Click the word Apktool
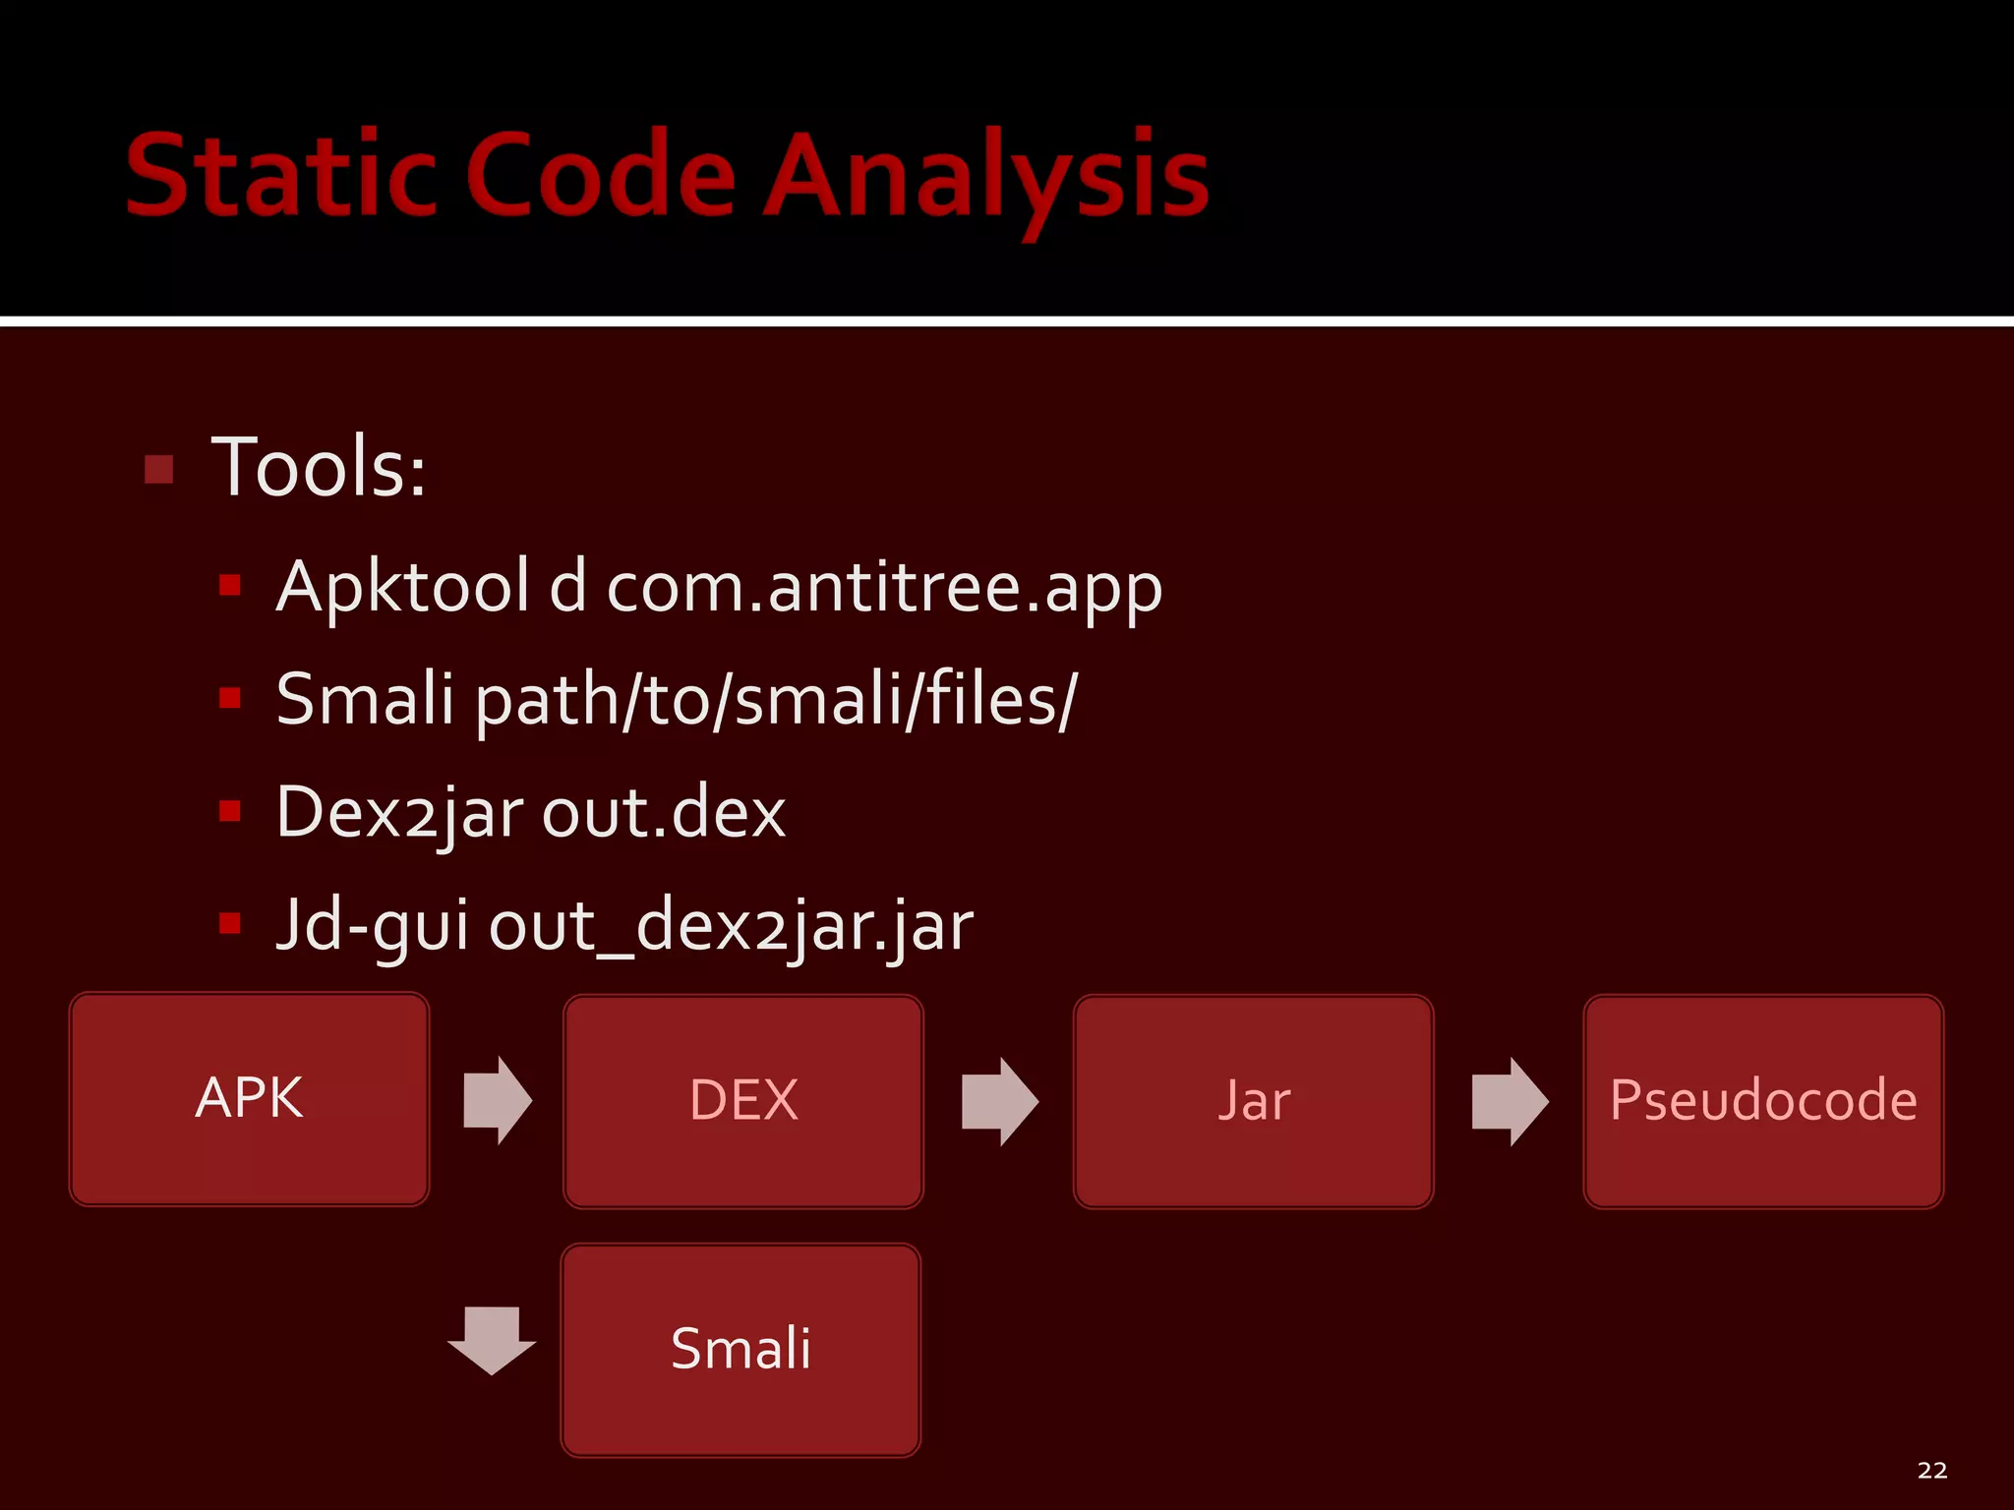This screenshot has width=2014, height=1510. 403,588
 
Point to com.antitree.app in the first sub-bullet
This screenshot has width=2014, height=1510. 884,588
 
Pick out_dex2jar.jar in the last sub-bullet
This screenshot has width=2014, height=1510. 731,926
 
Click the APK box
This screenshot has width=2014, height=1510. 250,1099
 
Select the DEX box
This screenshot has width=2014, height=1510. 743,1101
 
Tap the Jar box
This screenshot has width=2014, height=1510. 1253,1101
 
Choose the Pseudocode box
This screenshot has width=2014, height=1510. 1763,1101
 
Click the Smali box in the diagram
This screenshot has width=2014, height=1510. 740,1350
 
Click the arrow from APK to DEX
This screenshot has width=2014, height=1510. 498,1100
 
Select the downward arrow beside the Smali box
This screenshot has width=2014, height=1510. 492,1339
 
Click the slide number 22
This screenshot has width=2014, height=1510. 1931,1471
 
